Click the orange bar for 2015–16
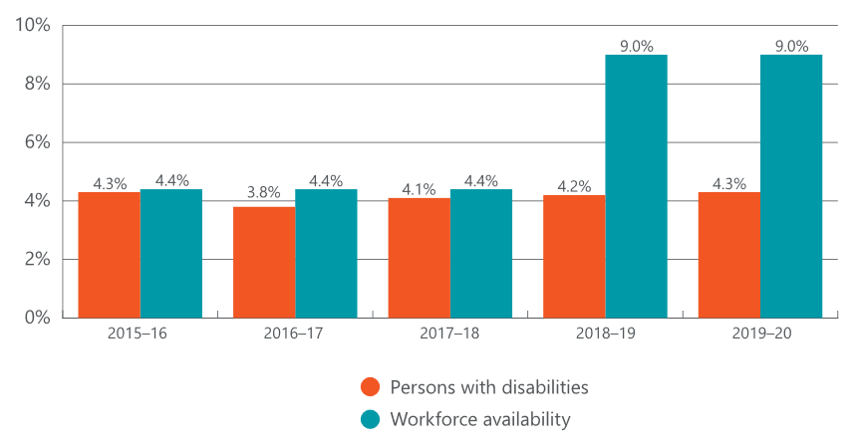pyautogui.click(x=110, y=255)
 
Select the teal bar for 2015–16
pyautogui.click(x=171, y=254)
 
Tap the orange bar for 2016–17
pyautogui.click(x=264, y=262)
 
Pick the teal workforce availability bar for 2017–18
pyautogui.click(x=481, y=254)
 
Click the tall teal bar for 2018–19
pyautogui.click(x=636, y=186)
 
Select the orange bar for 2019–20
pyautogui.click(x=729, y=255)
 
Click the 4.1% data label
pyautogui.click(x=420, y=187)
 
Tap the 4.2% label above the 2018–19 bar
pyautogui.click(x=574, y=184)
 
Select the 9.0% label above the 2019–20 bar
pyautogui.click(x=791, y=45)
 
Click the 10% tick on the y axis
pyautogui.click(x=33, y=25)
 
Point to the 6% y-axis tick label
pyautogui.click(x=37, y=142)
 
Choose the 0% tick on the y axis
pyautogui.click(x=37, y=318)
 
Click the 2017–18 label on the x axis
pyautogui.click(x=450, y=335)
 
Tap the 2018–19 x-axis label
pyautogui.click(x=605, y=335)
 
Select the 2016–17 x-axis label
pyautogui.click(x=295, y=335)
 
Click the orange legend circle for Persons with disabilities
pyautogui.click(x=371, y=387)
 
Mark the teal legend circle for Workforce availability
pyautogui.click(x=371, y=420)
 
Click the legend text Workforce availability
pyautogui.click(x=480, y=420)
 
